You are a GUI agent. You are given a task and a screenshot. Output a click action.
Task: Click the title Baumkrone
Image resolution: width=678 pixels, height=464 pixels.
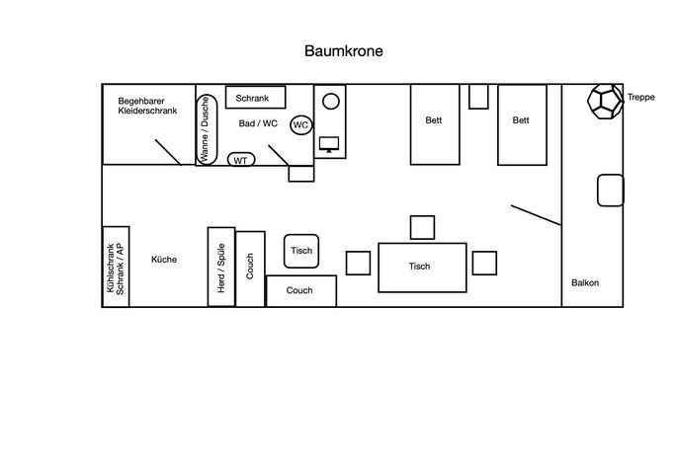(x=343, y=51)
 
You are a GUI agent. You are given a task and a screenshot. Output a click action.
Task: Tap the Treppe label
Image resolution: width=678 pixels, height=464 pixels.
(x=640, y=97)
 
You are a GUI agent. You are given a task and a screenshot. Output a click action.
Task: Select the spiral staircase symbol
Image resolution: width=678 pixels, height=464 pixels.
(x=605, y=102)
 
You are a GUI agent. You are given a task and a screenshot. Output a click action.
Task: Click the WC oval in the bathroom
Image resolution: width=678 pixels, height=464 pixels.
(x=300, y=125)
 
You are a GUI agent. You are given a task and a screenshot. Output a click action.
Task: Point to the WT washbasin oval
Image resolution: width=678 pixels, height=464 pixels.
(x=241, y=160)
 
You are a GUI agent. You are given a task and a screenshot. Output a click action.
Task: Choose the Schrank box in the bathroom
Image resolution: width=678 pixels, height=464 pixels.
(x=256, y=98)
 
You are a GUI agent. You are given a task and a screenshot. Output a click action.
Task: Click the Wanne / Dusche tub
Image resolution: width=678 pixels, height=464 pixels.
(x=206, y=129)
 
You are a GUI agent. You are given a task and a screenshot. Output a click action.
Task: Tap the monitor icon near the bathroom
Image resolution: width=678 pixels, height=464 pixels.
(x=329, y=144)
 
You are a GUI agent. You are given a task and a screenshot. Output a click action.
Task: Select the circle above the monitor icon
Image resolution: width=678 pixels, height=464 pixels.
(x=331, y=102)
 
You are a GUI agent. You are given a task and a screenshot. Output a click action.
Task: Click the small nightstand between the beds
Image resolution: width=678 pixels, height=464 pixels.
(x=478, y=97)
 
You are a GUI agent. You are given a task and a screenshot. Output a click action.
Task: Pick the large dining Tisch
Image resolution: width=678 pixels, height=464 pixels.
(x=422, y=268)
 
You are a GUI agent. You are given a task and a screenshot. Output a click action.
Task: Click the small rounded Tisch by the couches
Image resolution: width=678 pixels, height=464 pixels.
(x=301, y=252)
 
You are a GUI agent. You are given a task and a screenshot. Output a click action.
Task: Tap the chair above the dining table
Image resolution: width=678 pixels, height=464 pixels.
(x=422, y=227)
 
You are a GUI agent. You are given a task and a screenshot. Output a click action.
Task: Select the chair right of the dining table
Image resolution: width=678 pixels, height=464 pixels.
(x=484, y=264)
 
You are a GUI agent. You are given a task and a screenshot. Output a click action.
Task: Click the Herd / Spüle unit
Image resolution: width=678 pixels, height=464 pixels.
(x=221, y=267)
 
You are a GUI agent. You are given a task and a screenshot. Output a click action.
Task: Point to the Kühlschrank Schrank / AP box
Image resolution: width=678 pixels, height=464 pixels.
(x=116, y=267)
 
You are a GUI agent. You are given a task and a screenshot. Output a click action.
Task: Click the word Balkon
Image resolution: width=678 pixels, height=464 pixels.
(x=585, y=283)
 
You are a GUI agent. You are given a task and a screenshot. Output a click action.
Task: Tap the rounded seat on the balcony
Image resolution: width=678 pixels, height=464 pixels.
(x=610, y=191)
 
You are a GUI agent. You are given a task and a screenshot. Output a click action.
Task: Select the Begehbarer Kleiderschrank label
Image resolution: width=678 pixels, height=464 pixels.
(x=147, y=106)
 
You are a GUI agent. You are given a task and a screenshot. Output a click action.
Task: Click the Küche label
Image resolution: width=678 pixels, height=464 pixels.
(x=164, y=260)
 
